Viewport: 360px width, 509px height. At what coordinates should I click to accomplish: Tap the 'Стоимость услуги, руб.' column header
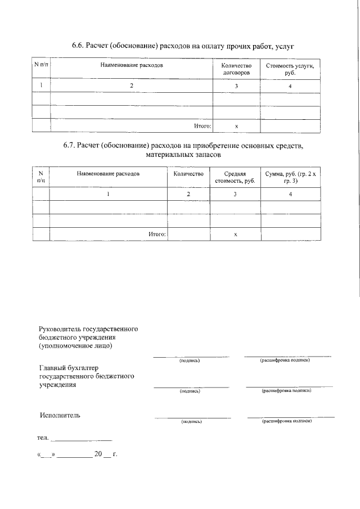pyautogui.click(x=290, y=69)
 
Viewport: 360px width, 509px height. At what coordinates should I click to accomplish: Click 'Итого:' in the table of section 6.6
pyautogui.click(x=202, y=126)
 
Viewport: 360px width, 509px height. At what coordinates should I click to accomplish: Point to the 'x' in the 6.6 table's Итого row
pyautogui.click(x=236, y=126)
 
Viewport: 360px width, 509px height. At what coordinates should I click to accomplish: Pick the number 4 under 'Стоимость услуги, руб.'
pyautogui.click(x=290, y=86)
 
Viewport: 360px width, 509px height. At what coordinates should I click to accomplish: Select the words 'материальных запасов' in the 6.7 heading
pyautogui.click(x=183, y=154)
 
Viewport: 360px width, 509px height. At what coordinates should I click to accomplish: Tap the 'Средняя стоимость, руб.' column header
pyautogui.click(x=235, y=178)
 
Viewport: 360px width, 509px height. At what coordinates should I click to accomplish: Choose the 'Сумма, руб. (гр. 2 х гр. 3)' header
pyautogui.click(x=290, y=178)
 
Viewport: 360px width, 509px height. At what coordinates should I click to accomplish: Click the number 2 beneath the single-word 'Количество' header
pyautogui.click(x=188, y=194)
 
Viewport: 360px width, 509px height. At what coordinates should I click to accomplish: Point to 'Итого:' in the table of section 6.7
pyautogui.click(x=156, y=233)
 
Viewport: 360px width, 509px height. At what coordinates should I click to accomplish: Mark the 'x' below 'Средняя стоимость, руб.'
pyautogui.click(x=235, y=233)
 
